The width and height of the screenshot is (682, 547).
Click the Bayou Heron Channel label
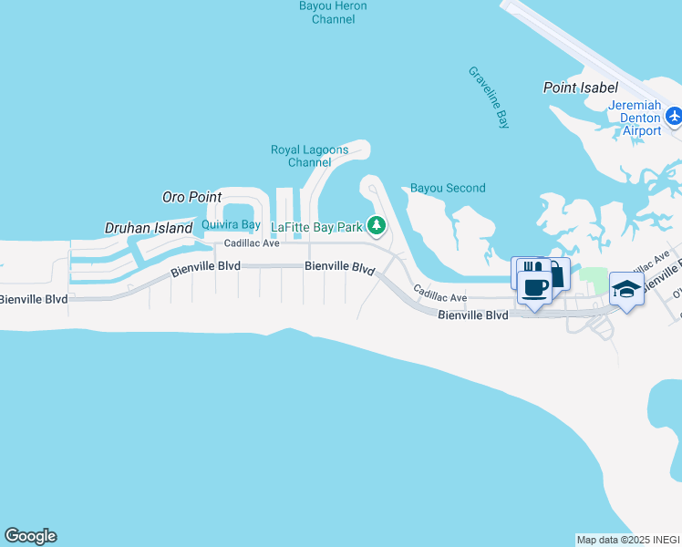tap(333, 12)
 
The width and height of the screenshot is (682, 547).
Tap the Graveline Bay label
tap(488, 97)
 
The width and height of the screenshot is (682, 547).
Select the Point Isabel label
tap(580, 88)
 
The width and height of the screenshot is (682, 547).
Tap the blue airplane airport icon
tap(674, 115)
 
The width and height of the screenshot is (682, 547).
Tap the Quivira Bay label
tap(224, 225)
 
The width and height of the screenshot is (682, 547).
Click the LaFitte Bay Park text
tap(317, 226)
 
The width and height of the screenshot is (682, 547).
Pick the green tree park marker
tap(376, 224)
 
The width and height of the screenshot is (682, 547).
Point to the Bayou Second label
tap(448, 188)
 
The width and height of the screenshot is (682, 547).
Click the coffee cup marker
tap(534, 288)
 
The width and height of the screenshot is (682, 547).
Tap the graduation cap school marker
tap(626, 288)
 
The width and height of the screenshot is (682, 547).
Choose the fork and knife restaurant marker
tap(526, 271)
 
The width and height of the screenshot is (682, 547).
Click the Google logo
tap(30, 536)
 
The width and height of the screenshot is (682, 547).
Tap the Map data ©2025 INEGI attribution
tap(628, 540)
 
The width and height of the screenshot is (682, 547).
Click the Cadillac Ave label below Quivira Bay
tap(252, 243)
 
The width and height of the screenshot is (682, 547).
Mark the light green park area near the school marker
tap(594, 275)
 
